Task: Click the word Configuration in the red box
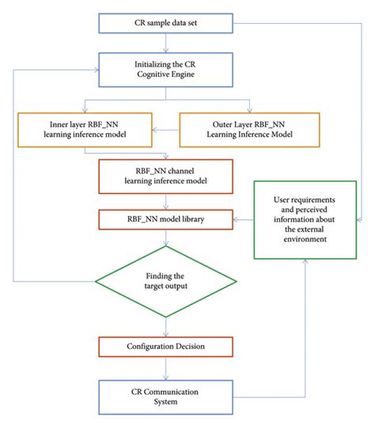pos(149,347)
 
